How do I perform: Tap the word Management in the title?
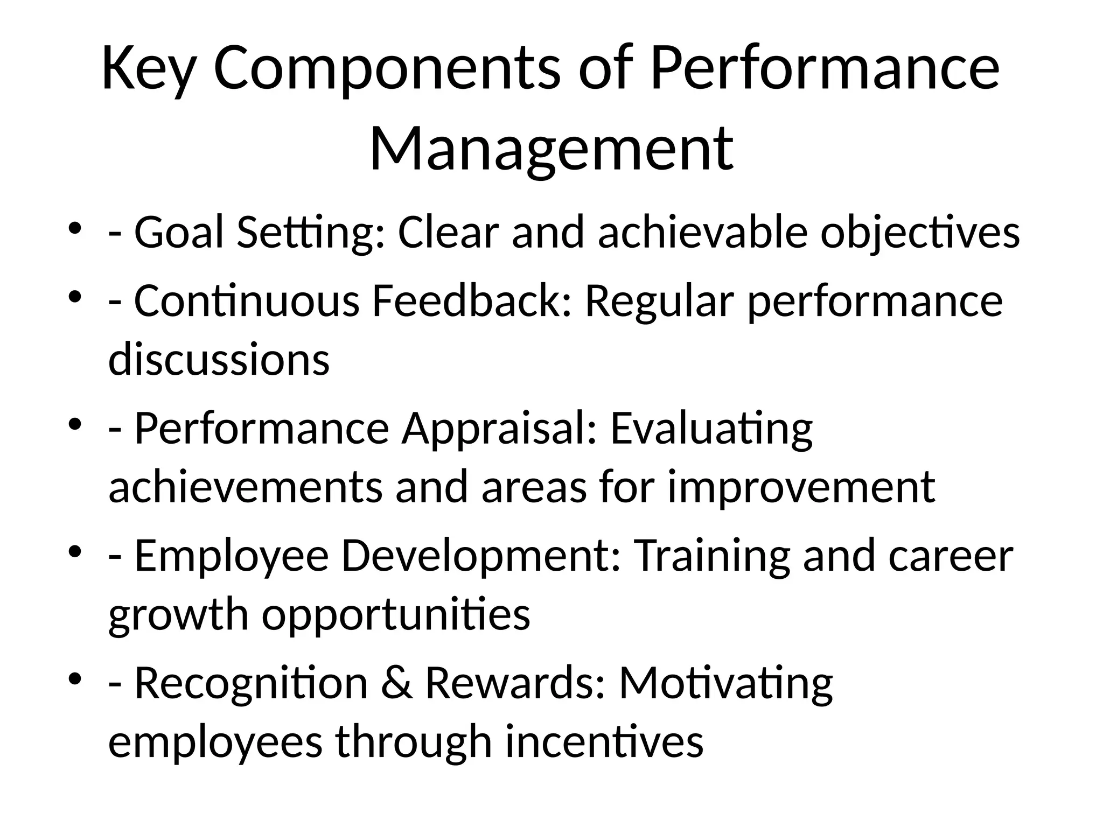[x=551, y=148]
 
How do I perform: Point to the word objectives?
[x=920, y=233]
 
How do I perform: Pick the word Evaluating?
[x=711, y=429]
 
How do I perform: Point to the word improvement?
[x=801, y=487]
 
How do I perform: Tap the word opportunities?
[x=396, y=615]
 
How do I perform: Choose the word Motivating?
[x=725, y=684]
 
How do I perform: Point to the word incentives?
[x=604, y=741]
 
